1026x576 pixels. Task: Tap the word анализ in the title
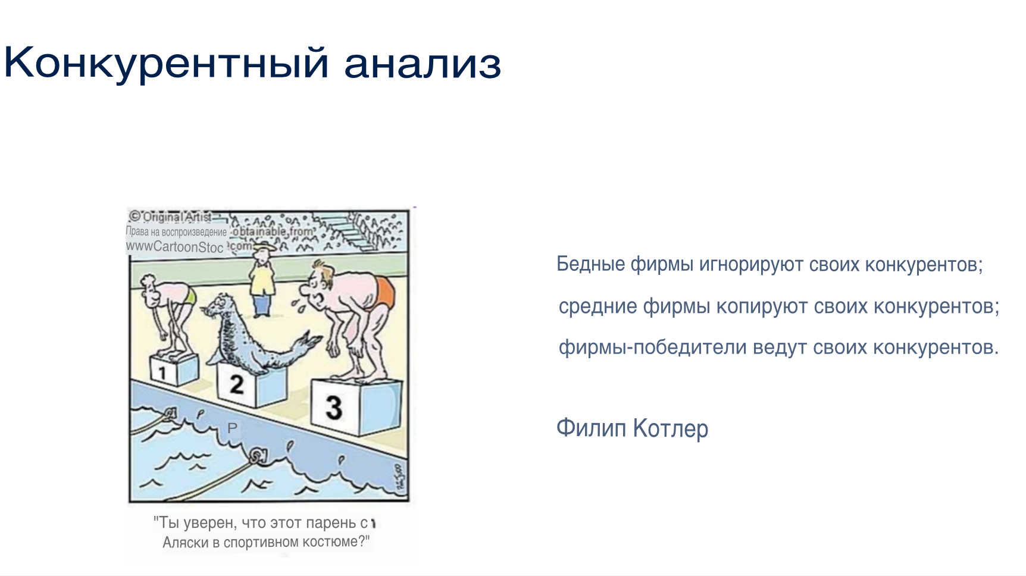[x=423, y=64]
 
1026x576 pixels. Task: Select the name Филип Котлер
[x=632, y=428]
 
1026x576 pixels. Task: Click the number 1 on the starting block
[x=162, y=373]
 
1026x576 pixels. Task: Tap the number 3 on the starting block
[x=334, y=407]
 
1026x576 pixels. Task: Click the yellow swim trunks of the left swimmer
[x=190, y=296]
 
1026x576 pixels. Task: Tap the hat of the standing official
[x=262, y=246]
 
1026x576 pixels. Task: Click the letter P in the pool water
[x=232, y=428]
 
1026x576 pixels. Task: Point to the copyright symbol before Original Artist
[x=135, y=216]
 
